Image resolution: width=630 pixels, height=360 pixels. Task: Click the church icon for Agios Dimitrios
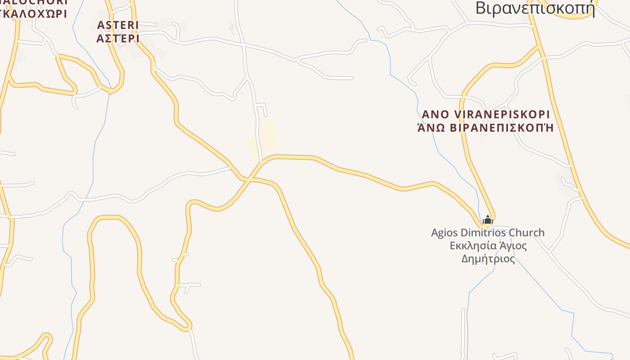click(x=488, y=220)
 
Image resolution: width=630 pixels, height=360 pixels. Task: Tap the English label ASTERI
click(x=118, y=25)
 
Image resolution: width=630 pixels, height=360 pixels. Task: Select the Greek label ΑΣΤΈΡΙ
click(x=118, y=38)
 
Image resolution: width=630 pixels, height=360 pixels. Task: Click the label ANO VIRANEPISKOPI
click(x=486, y=114)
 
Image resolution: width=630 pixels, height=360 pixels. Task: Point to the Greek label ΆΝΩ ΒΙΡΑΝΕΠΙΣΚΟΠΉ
click(x=486, y=127)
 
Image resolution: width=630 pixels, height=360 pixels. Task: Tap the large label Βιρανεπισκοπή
click(x=535, y=8)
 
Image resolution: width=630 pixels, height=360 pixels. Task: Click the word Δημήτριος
click(x=488, y=259)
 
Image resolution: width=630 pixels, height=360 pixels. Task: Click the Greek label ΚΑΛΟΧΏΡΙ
click(x=34, y=13)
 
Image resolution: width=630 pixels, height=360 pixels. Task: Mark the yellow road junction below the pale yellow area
click(x=247, y=179)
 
